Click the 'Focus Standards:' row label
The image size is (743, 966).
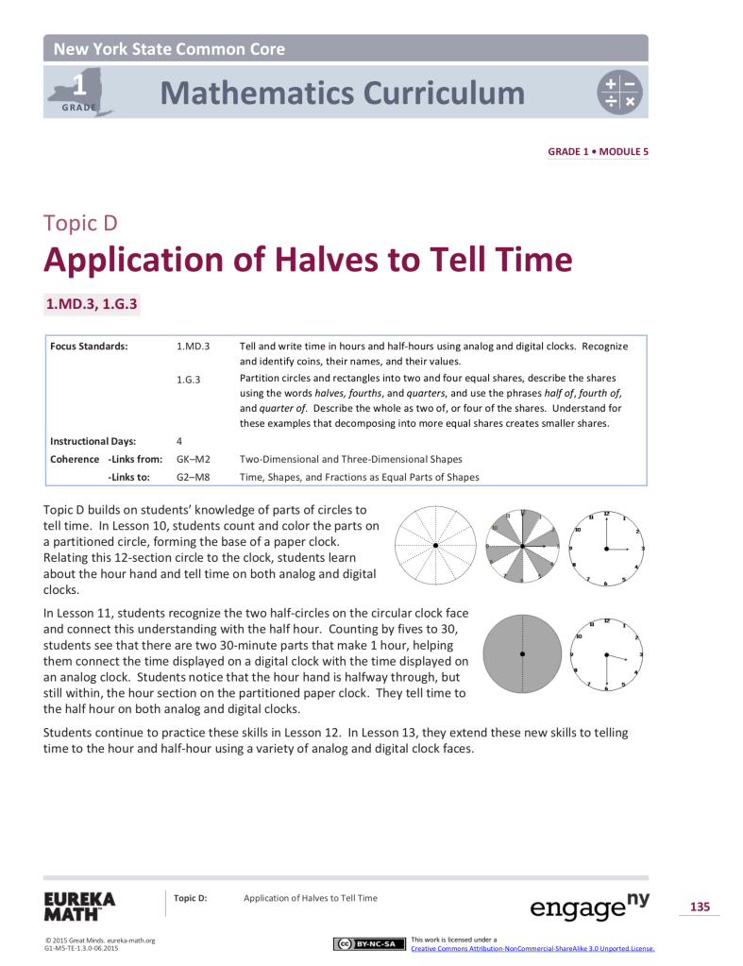[89, 347]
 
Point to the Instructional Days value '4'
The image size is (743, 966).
[179, 441]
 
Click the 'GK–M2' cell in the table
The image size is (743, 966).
[193, 459]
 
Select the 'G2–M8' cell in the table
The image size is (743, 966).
[193, 477]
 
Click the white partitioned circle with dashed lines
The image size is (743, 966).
[435, 547]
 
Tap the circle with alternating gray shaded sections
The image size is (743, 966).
[522, 547]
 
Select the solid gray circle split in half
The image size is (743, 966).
[521, 653]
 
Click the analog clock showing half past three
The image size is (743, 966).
[607, 653]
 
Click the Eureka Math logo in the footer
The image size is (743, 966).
[78, 906]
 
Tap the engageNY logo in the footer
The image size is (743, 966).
[590, 906]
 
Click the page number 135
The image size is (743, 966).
[700, 907]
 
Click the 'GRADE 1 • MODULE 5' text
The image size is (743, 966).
[598, 151]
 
